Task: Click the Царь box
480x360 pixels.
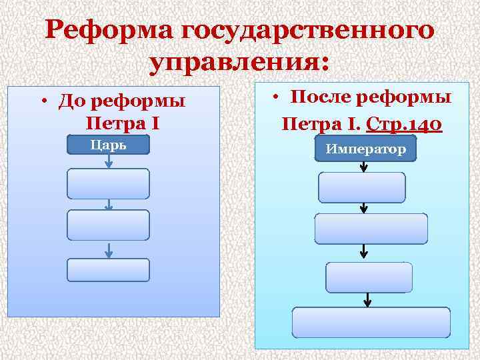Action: click(108, 145)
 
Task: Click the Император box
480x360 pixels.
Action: click(366, 149)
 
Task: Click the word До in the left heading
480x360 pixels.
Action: click(69, 102)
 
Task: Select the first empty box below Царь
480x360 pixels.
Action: click(108, 183)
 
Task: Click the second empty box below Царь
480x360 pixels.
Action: click(108, 225)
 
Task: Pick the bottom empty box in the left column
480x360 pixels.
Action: click(108, 270)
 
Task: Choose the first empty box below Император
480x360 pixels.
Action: click(362, 187)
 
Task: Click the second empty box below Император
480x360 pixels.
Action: click(371, 229)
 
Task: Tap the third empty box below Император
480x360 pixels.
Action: click(369, 277)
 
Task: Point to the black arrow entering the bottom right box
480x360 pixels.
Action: click(366, 300)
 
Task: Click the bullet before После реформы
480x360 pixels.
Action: click(275, 98)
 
